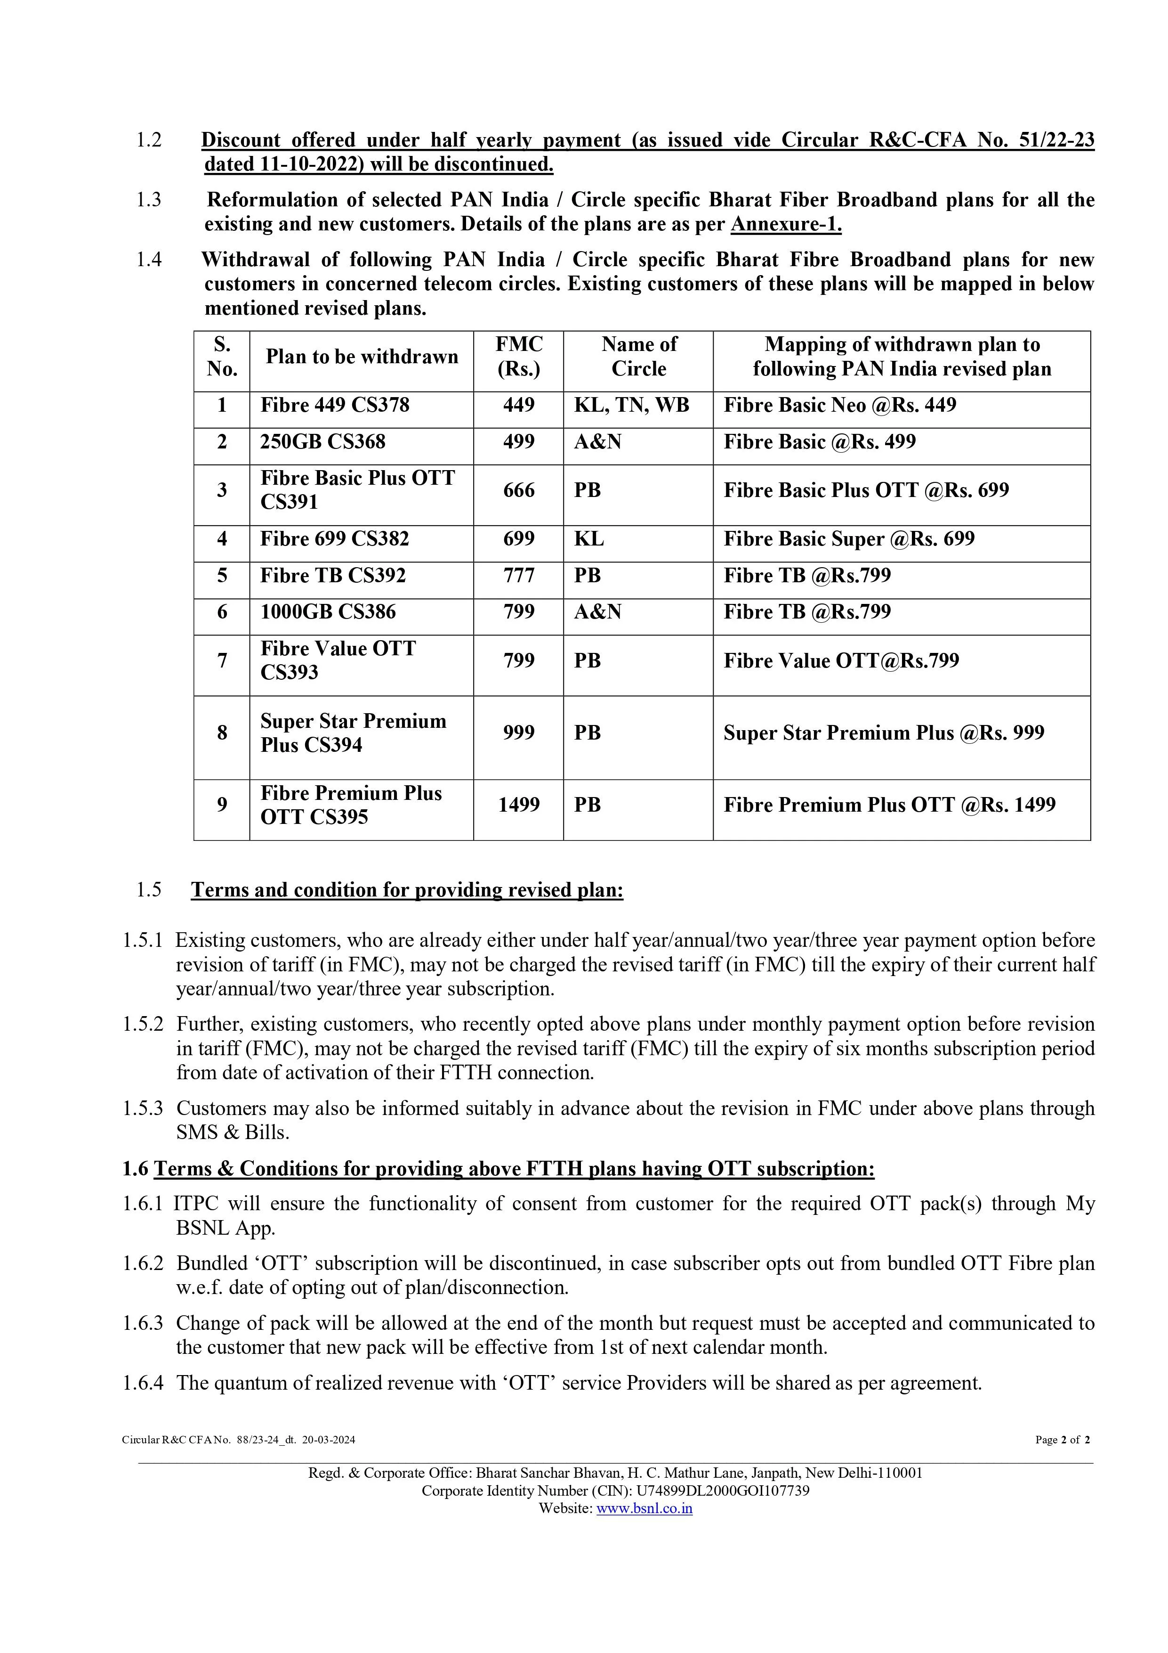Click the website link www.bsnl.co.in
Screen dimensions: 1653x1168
[x=644, y=1509]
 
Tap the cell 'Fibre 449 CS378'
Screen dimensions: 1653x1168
[x=335, y=405]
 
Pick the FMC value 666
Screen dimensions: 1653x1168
[x=518, y=490]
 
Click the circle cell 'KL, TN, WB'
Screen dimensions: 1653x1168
[x=631, y=405]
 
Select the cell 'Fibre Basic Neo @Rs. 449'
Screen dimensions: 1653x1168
[x=840, y=405]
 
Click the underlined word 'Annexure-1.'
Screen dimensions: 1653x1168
[x=786, y=225]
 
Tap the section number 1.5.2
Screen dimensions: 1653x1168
[x=143, y=1025]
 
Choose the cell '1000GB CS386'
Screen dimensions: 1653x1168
[x=328, y=612]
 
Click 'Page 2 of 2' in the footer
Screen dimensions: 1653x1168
[x=1062, y=1440]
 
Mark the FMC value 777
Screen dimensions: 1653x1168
[x=518, y=575]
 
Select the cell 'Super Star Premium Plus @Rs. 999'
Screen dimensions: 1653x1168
[x=884, y=733]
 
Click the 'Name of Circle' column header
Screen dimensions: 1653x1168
[x=638, y=357]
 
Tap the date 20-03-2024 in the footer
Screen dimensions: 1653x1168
[x=329, y=1440]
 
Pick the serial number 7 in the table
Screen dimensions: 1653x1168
[x=222, y=660]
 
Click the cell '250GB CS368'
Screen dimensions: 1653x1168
[x=322, y=441]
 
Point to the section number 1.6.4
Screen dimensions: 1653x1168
[x=143, y=1383]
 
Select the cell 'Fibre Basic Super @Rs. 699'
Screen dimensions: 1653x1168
[x=849, y=539]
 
